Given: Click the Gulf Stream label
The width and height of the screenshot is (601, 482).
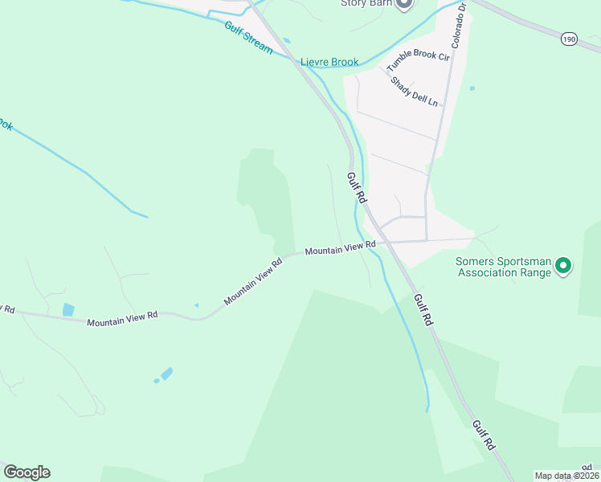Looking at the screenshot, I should [248, 37].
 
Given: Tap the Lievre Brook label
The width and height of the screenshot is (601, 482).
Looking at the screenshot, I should [329, 62].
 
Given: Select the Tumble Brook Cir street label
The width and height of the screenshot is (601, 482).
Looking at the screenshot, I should [418, 55].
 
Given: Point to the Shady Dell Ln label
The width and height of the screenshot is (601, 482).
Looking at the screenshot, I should [415, 92].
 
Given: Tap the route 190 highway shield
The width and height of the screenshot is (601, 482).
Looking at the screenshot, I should [570, 39].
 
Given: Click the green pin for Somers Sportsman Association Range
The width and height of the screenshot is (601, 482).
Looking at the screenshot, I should [564, 265].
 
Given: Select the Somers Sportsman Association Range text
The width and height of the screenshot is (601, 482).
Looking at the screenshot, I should [504, 267].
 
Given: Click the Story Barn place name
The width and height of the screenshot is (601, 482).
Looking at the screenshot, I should [365, 3].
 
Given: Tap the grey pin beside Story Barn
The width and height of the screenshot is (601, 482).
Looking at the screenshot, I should [404, 4].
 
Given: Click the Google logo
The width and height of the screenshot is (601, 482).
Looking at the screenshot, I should [27, 472].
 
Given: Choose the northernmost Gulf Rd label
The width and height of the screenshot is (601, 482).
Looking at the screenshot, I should [356, 189].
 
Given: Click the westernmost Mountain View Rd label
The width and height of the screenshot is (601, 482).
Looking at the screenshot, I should [122, 318].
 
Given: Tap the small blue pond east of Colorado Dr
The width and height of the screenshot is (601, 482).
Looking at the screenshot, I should [472, 88].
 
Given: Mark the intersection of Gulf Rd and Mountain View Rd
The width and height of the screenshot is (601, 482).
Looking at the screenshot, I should [382, 241].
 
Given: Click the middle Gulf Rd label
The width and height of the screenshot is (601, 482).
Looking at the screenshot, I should [423, 309].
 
